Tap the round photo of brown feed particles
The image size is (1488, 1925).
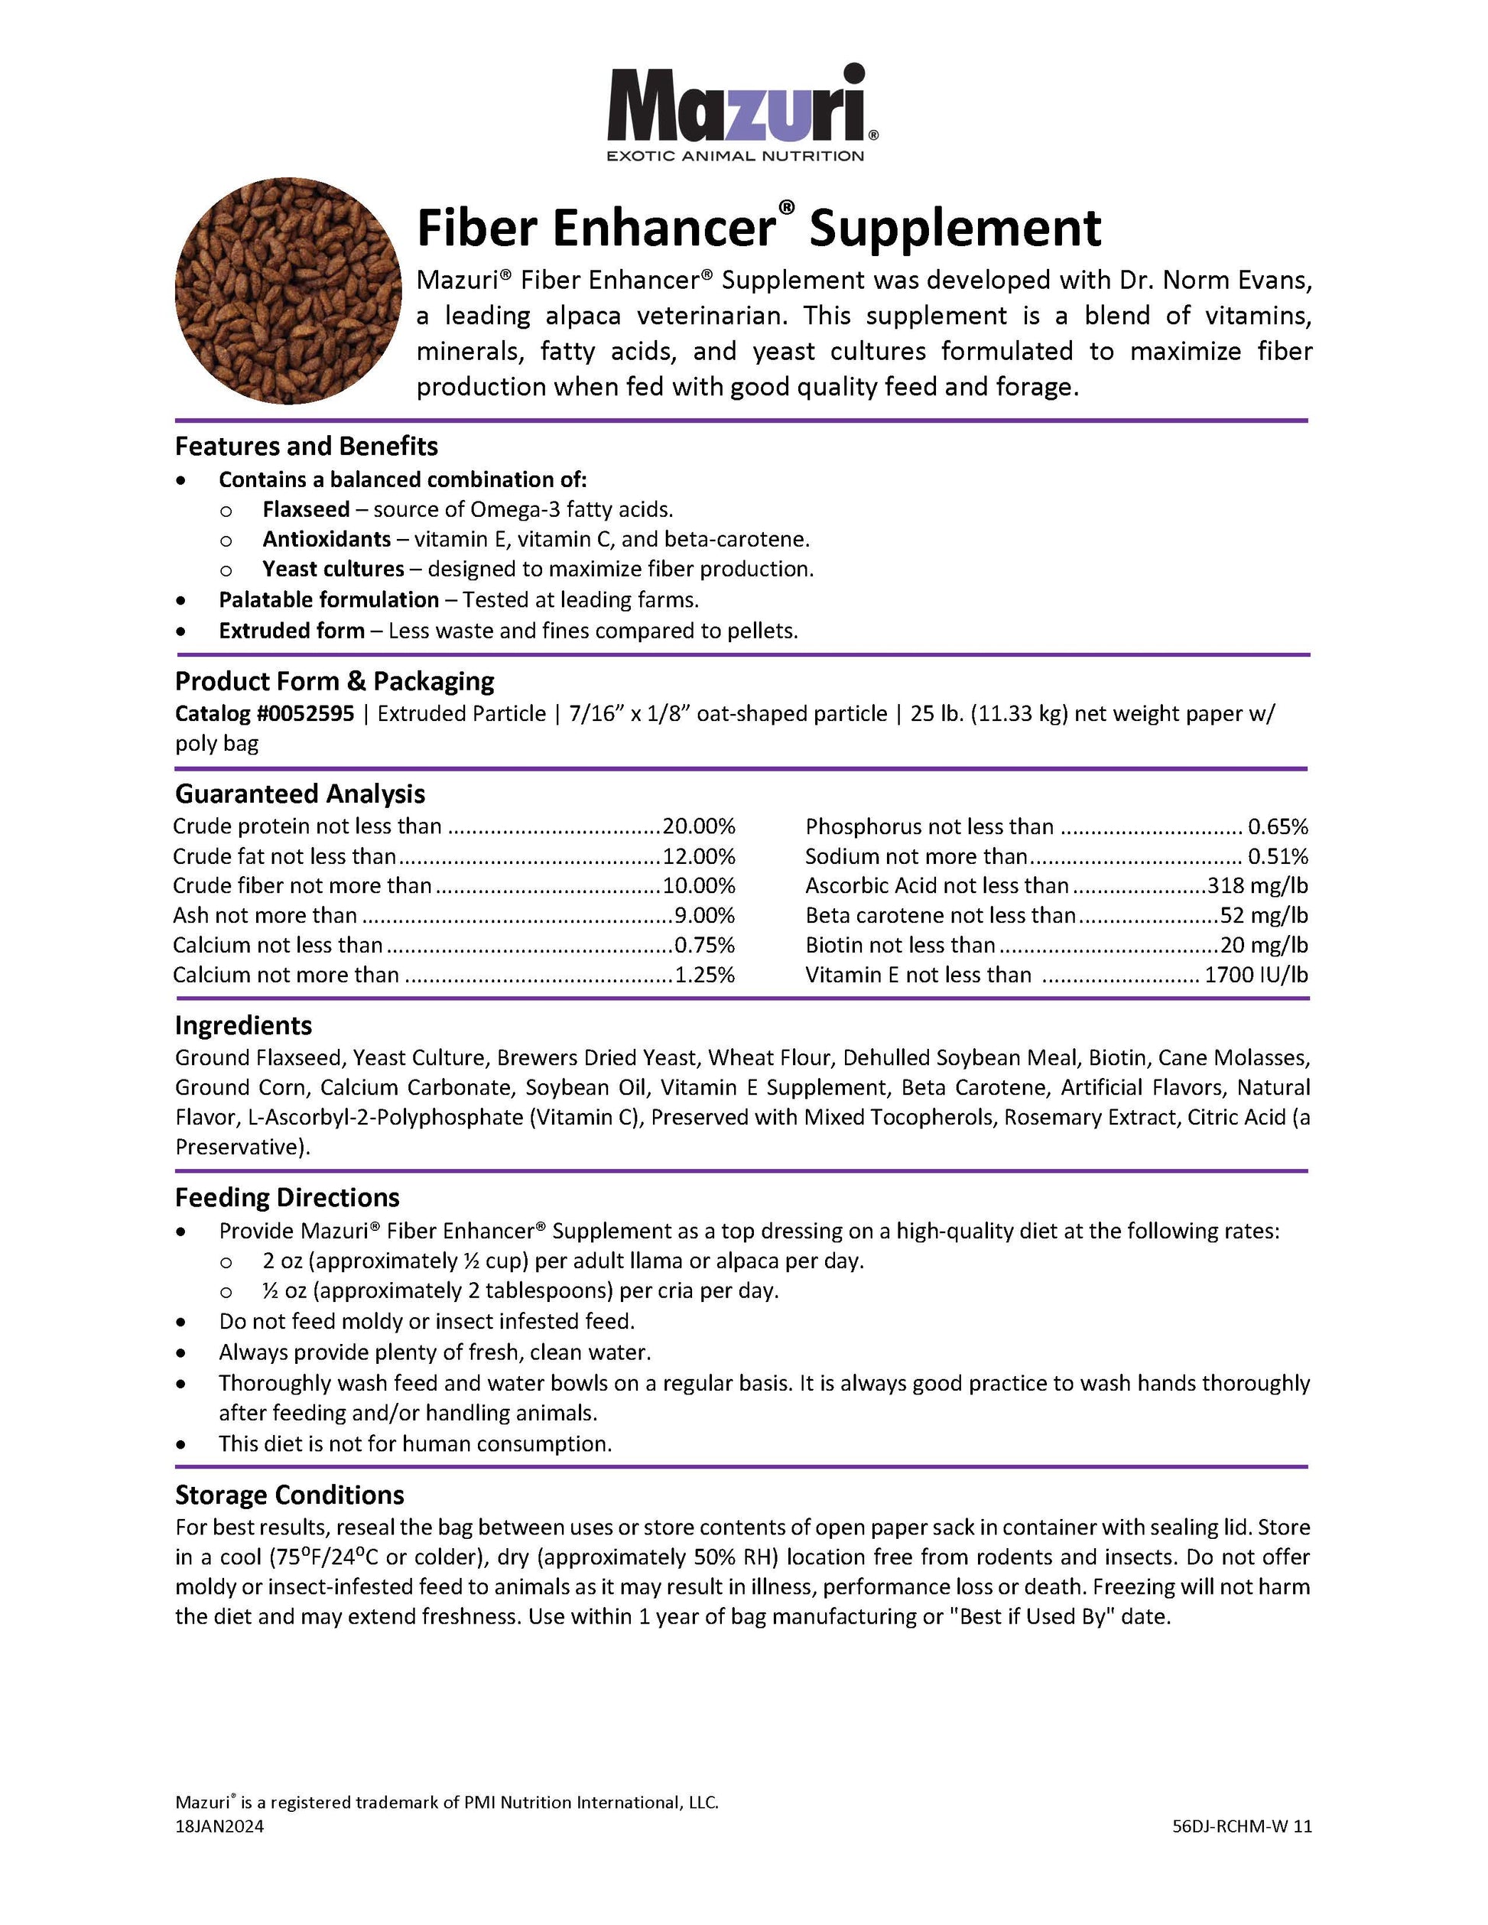(x=288, y=291)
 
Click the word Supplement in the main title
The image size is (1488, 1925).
(x=956, y=229)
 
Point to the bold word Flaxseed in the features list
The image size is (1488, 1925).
(x=306, y=509)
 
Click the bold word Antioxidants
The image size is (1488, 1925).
(x=327, y=540)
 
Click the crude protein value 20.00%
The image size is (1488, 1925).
(x=699, y=826)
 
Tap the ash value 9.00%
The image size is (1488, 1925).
(x=704, y=915)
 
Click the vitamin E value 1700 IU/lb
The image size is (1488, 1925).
(x=1256, y=975)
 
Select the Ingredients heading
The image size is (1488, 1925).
(x=243, y=1025)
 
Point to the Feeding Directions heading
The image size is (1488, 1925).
(x=288, y=1197)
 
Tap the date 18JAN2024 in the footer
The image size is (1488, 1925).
(x=219, y=1826)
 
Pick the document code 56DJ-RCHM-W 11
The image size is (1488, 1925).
(x=1242, y=1826)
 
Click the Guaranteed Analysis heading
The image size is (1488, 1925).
(x=300, y=794)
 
